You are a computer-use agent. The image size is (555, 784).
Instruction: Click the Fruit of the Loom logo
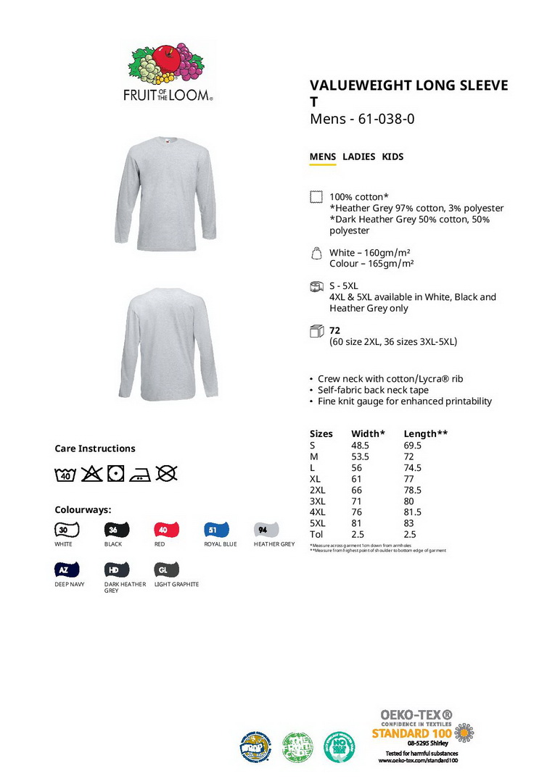(x=168, y=72)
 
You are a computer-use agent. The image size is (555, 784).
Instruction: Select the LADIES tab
(x=359, y=157)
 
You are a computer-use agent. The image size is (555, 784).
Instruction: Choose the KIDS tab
(x=392, y=157)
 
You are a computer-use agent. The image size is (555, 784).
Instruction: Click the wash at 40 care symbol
(x=65, y=474)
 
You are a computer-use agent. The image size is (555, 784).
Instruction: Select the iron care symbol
(x=140, y=474)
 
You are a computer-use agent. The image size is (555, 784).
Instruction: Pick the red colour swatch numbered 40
(x=166, y=530)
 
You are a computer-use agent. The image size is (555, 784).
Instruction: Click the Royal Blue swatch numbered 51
(x=216, y=530)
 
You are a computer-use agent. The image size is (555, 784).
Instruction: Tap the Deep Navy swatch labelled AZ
(x=67, y=570)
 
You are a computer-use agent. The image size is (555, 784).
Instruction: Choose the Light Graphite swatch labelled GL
(x=166, y=570)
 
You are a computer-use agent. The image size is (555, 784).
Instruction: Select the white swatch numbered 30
(x=67, y=530)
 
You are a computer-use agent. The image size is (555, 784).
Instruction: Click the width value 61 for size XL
(x=357, y=479)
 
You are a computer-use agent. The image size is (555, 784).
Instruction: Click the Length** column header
(x=425, y=434)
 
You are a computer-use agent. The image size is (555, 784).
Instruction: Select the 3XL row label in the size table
(x=318, y=501)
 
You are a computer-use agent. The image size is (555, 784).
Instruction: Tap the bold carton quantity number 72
(x=335, y=330)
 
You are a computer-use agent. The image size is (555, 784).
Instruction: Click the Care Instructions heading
(x=95, y=449)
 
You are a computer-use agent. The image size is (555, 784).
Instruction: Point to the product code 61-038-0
(x=386, y=119)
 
